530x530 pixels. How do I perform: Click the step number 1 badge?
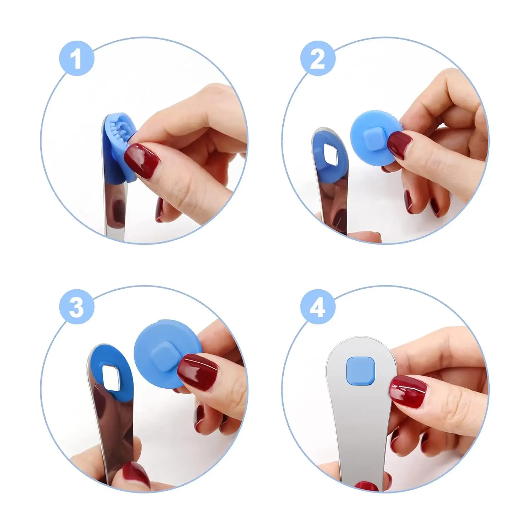pyautogui.click(x=77, y=58)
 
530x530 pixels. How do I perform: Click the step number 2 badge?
pyautogui.click(x=318, y=58)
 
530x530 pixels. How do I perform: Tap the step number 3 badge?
pyautogui.click(x=77, y=306)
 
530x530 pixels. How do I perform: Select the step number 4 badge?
pyautogui.click(x=318, y=306)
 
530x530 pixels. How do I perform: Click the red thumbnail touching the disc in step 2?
pyautogui.click(x=400, y=146)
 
